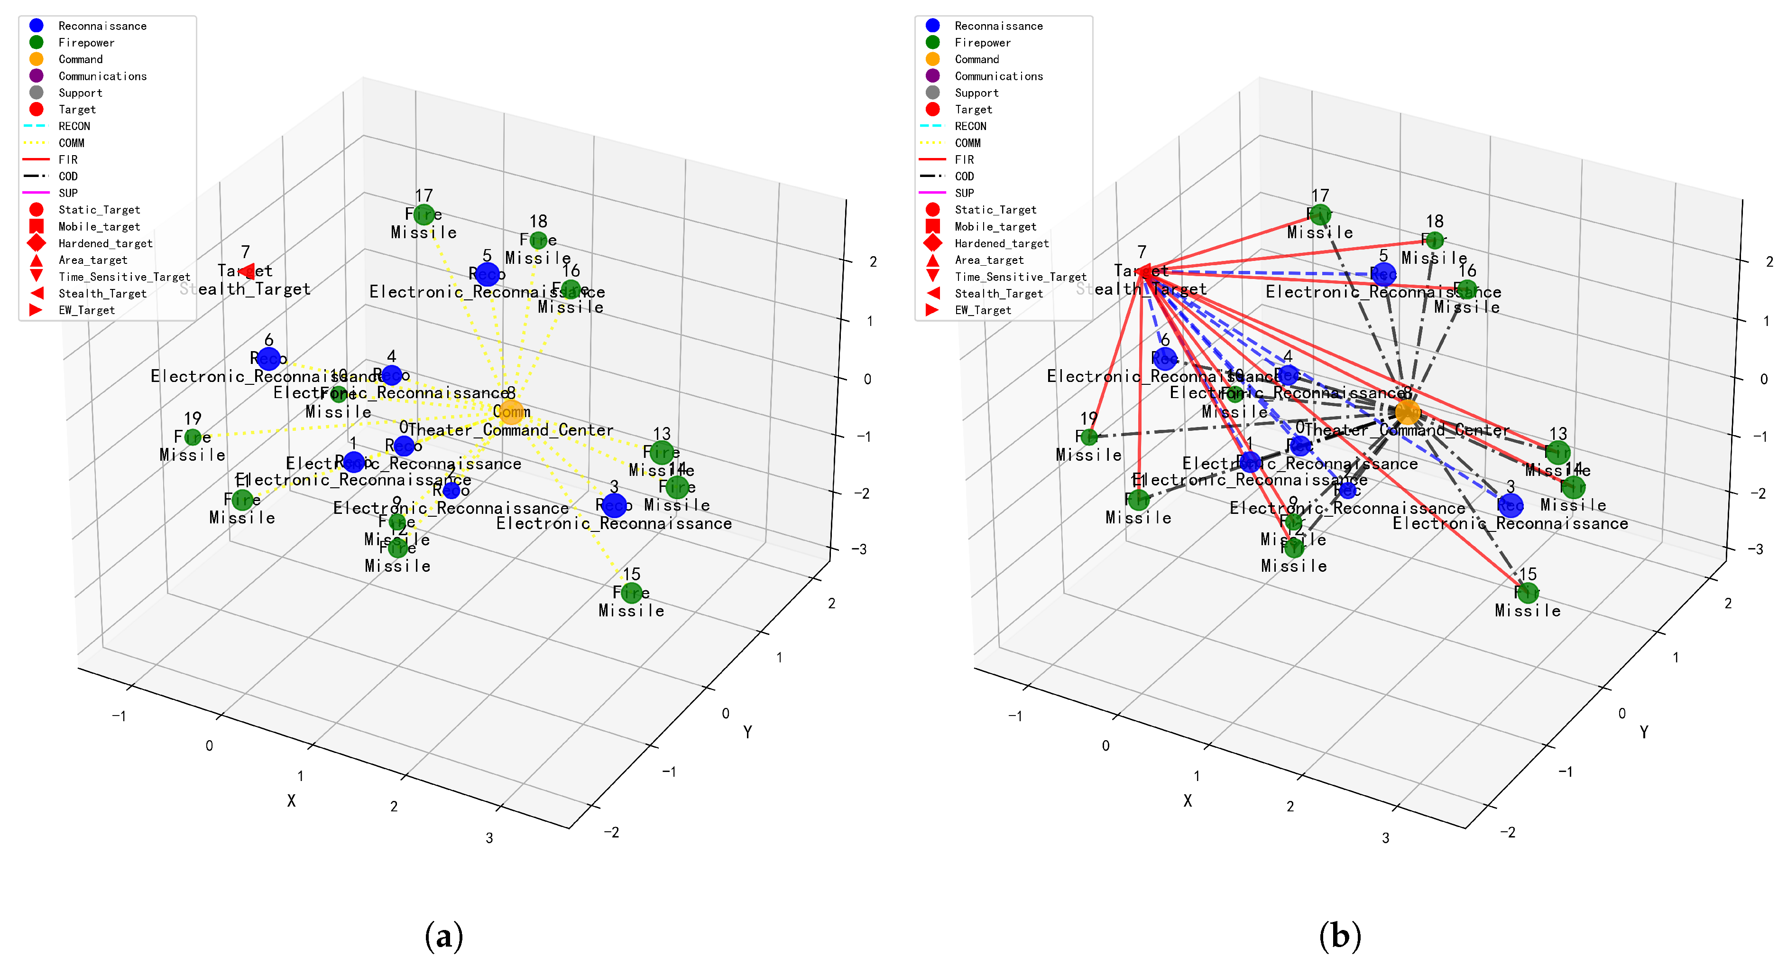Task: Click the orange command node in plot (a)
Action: tap(511, 412)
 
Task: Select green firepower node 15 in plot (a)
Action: tap(631, 592)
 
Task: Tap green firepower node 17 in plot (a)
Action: tap(424, 214)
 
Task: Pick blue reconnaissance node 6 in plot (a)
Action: tap(268, 358)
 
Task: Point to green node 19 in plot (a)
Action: tap(193, 437)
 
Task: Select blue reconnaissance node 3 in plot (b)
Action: tap(1510, 505)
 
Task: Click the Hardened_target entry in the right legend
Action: tap(1001, 243)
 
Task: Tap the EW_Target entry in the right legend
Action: tap(982, 310)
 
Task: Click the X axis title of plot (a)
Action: tap(291, 800)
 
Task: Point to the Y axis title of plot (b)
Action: tap(1643, 732)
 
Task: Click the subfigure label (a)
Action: tap(443, 936)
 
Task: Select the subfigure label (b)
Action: tap(1340, 936)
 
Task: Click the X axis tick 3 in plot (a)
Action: tap(489, 838)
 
